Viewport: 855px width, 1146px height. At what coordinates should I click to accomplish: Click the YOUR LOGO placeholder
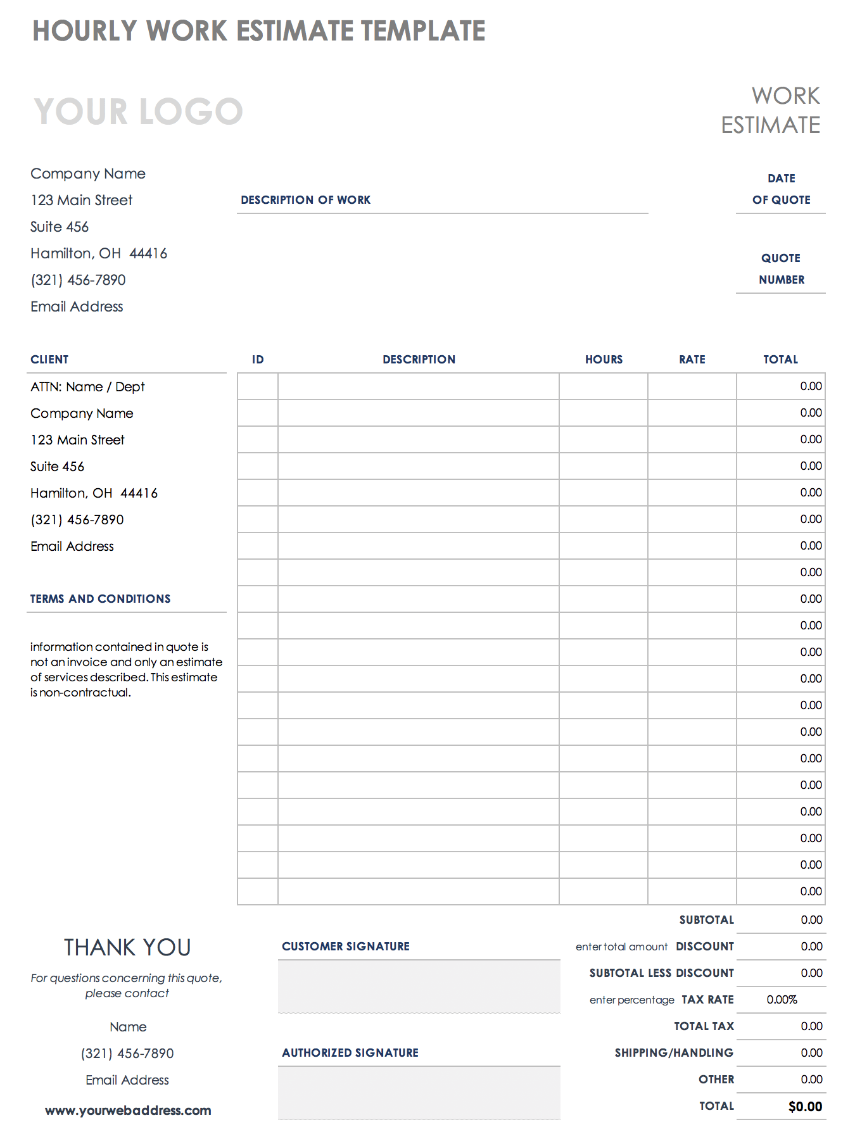(138, 111)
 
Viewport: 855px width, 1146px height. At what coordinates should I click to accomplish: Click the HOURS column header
(604, 360)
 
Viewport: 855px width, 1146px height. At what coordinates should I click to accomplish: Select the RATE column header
(692, 360)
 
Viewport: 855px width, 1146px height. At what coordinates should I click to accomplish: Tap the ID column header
(258, 360)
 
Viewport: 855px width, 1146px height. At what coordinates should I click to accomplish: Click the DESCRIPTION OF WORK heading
(305, 200)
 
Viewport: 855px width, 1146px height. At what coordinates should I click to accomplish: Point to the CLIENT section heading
(49, 360)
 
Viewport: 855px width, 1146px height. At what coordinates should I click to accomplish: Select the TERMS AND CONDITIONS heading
(100, 599)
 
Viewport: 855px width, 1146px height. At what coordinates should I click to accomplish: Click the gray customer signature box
(419, 986)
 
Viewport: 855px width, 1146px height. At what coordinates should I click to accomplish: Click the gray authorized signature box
(419, 1093)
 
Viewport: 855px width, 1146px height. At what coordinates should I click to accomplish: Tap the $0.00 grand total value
(805, 1107)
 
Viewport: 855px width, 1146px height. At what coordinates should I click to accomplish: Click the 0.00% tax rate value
(782, 1000)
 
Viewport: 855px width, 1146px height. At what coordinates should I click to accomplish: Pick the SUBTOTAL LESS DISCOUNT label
(661, 973)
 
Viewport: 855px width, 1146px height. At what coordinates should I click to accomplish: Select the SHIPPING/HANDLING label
(674, 1053)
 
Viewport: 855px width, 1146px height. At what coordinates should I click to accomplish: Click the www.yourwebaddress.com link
(128, 1111)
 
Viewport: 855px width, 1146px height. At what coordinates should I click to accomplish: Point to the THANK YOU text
(127, 948)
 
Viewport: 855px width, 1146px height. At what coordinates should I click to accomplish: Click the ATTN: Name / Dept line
(87, 387)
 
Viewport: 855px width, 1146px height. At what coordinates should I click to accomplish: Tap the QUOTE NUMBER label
(781, 269)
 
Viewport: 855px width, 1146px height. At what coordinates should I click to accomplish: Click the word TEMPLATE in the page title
(423, 31)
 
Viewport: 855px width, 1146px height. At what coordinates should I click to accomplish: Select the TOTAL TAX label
(704, 1026)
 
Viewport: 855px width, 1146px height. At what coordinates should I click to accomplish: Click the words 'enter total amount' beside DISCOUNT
(621, 947)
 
